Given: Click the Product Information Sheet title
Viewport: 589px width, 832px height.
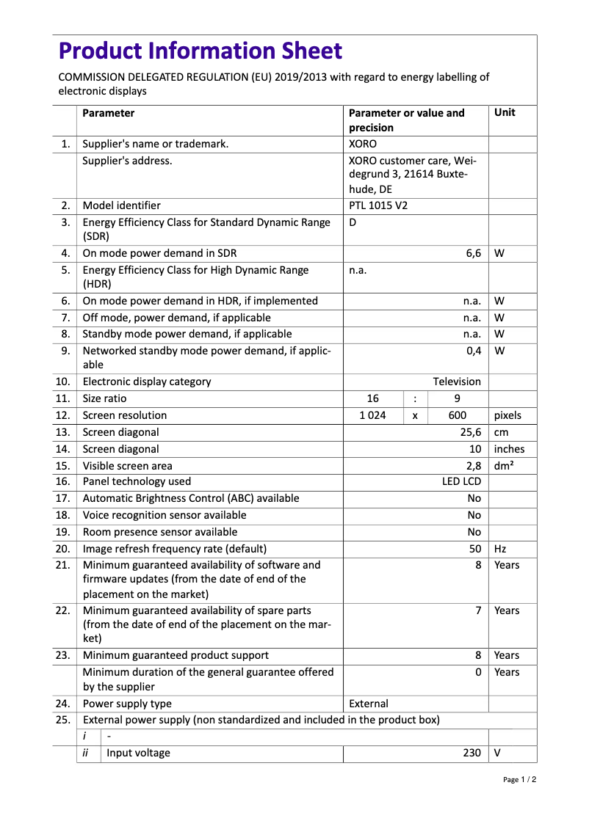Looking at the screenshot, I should click(x=200, y=51).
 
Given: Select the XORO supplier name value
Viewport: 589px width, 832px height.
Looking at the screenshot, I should click(x=363, y=144).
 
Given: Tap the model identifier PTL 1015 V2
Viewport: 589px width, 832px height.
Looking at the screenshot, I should click(x=378, y=205).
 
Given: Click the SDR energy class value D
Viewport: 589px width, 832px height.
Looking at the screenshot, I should click(x=353, y=222).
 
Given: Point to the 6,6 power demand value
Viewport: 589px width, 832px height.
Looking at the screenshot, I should click(x=473, y=253).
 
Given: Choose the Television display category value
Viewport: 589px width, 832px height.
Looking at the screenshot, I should click(x=457, y=382).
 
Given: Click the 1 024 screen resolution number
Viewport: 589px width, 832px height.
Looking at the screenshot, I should click(x=373, y=415).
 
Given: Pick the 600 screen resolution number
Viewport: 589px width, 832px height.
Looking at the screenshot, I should click(x=458, y=415).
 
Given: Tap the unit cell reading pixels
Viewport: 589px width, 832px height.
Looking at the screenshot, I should click(x=508, y=415).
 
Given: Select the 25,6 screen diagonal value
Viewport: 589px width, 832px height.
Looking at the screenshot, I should click(x=471, y=432).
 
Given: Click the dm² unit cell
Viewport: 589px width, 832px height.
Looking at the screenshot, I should click(x=505, y=465).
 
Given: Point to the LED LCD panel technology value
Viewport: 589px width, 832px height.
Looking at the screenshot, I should click(x=461, y=481).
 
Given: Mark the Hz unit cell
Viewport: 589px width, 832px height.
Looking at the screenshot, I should click(x=502, y=549).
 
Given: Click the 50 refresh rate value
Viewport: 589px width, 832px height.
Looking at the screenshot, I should click(x=475, y=549).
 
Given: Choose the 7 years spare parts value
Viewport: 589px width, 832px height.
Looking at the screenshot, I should click(x=478, y=610).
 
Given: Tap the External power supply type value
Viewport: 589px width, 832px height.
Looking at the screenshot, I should click(x=369, y=704).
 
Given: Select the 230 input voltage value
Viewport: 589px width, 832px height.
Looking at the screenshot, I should click(x=472, y=753).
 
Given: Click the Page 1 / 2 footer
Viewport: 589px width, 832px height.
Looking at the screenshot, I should click(x=519, y=779).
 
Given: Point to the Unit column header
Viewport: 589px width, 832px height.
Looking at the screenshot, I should click(x=505, y=112).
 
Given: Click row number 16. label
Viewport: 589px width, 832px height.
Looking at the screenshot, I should click(x=63, y=481).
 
